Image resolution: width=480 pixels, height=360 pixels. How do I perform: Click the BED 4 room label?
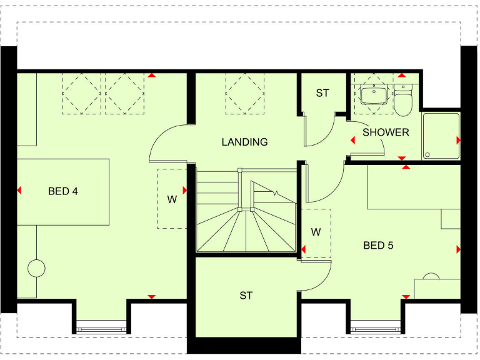pos(62,191)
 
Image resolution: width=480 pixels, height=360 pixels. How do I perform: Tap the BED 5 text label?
pos(378,246)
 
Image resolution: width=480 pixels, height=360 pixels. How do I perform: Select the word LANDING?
pos(244,142)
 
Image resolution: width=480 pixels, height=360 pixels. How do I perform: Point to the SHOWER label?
pos(386,132)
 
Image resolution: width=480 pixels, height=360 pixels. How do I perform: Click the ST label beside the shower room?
pos(322,93)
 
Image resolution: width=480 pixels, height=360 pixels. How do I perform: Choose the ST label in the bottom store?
pos(246,296)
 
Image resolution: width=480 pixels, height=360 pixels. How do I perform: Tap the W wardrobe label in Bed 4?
pos(172,200)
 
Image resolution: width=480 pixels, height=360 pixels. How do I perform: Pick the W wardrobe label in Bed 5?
pos(316,232)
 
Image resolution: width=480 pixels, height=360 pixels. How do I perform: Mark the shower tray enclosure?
pos(441,136)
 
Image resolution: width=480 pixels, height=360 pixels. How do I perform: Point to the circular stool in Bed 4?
pos(37,269)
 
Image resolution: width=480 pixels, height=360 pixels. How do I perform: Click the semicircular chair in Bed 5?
pos(431,276)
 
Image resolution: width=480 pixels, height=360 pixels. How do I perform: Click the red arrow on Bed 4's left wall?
pos(19,191)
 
